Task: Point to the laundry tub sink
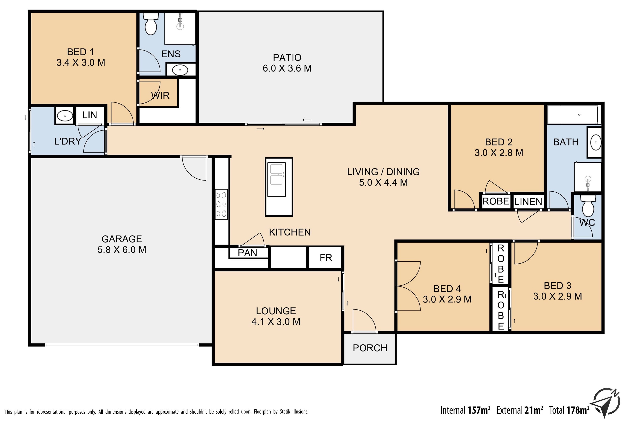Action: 65,116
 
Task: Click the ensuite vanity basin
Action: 180,70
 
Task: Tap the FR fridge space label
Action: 326,258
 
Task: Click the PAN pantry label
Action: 247,253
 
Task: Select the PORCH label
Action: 370,348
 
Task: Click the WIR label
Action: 160,95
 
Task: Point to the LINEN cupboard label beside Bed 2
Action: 528,202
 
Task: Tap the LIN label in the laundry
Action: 90,115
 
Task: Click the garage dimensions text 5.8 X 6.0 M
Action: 122,250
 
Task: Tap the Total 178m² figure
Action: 569,410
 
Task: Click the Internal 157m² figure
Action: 465,410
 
